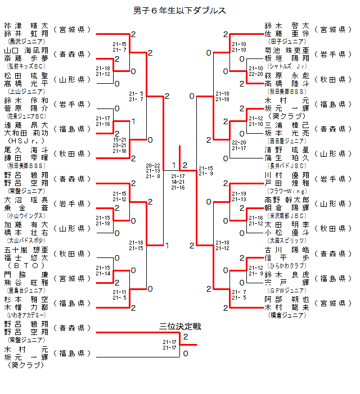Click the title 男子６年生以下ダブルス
[180, 10]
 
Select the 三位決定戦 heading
[180, 327]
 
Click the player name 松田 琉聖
[26, 75]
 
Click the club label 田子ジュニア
[287, 41]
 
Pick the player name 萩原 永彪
[287, 75]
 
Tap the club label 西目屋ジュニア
[287, 141]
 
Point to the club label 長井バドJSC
[287, 165]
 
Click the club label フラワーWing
[287, 191]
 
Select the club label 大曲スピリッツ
[287, 241]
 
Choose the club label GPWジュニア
[287, 291]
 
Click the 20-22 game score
[152, 166]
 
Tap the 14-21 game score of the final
[178, 182]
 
